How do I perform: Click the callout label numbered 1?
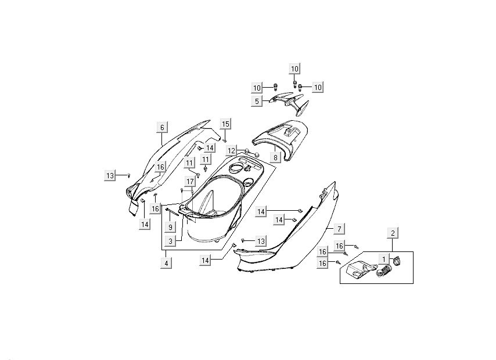click(383, 258)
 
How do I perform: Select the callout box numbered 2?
click(393, 233)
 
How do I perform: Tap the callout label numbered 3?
click(171, 241)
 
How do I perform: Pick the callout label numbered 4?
click(167, 262)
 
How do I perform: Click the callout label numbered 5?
click(256, 101)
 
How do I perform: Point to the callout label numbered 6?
click(163, 128)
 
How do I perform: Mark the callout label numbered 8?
click(275, 157)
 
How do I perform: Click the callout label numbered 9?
click(171, 226)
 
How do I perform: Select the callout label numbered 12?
click(232, 151)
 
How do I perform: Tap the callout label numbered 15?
click(225, 124)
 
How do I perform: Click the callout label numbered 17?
click(190, 182)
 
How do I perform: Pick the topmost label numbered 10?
click(294, 69)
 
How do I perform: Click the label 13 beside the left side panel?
click(110, 176)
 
